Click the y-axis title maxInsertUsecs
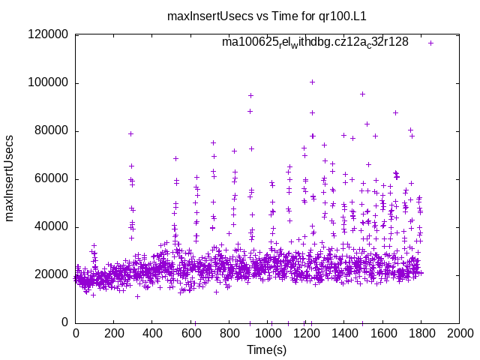10,178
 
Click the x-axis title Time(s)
267,349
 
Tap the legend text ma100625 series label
315,42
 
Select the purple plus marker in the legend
430,43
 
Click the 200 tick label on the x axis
114,333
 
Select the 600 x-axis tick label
190,333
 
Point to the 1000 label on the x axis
267,333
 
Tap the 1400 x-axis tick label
343,333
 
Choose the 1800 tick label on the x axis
421,333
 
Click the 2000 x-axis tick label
459,333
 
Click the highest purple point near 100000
312,82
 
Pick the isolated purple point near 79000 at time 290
130,133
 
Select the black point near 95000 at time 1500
362,94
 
